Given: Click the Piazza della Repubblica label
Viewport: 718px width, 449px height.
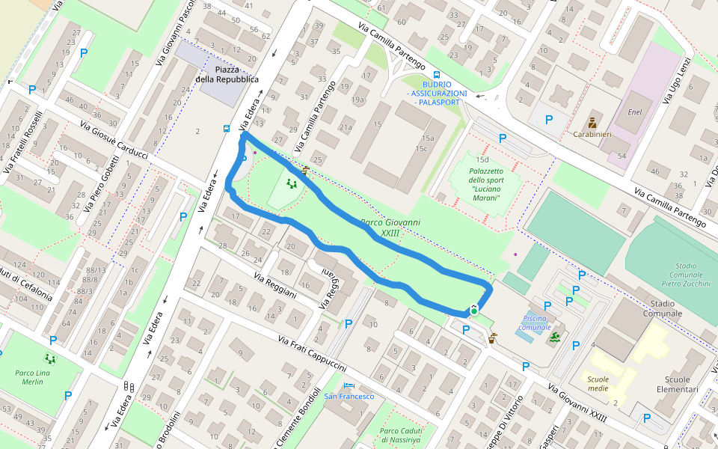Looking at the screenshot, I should tap(227, 74).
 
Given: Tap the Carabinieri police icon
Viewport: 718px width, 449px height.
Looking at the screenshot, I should tap(592, 122).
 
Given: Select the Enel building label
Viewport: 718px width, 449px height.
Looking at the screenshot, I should tap(635, 112).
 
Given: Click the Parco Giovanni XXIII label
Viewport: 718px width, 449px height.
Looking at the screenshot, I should tap(390, 227).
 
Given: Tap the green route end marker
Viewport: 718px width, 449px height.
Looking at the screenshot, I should tap(474, 310).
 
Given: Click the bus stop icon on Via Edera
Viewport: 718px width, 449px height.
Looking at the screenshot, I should tap(227, 128).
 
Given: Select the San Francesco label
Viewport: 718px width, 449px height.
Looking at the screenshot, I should tap(349, 396).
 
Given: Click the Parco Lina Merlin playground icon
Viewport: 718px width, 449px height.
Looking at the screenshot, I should tap(50, 359).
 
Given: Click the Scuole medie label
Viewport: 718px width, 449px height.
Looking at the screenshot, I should tap(598, 384).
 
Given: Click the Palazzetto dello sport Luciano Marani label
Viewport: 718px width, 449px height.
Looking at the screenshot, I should tap(487, 180).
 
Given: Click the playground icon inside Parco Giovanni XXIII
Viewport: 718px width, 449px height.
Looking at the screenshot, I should tap(291, 183).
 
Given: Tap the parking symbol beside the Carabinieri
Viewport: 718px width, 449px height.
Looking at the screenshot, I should tap(549, 119).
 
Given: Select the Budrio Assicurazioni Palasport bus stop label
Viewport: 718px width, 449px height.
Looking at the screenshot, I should tap(438, 93).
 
